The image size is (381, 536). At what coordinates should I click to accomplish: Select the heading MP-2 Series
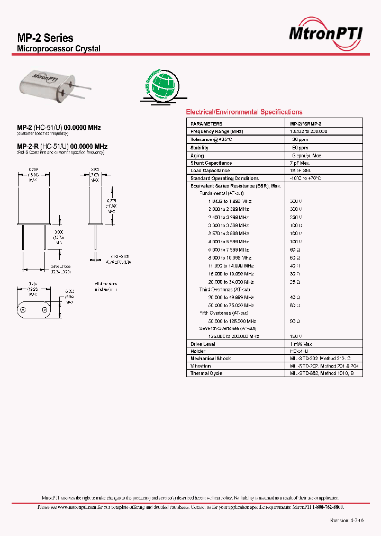(x=46, y=38)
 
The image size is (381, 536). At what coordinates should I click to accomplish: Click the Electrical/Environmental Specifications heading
(x=244, y=112)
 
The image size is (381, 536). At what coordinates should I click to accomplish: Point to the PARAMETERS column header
(x=207, y=123)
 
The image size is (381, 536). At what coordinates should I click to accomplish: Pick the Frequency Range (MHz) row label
(x=217, y=131)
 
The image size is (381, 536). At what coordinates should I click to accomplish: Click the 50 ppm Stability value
(x=301, y=148)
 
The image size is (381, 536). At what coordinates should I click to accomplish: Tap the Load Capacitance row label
(x=210, y=171)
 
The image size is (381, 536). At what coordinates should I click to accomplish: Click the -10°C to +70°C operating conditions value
(x=306, y=178)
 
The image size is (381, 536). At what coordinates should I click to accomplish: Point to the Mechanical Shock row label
(x=211, y=359)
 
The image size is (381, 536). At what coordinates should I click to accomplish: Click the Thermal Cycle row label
(x=206, y=373)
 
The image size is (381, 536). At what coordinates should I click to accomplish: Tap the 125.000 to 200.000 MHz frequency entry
(x=232, y=336)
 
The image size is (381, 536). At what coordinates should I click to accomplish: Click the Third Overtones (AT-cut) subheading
(x=225, y=290)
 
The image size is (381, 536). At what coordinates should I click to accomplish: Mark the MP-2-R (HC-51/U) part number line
(x=62, y=146)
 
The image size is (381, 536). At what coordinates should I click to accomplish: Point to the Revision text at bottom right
(x=347, y=521)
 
